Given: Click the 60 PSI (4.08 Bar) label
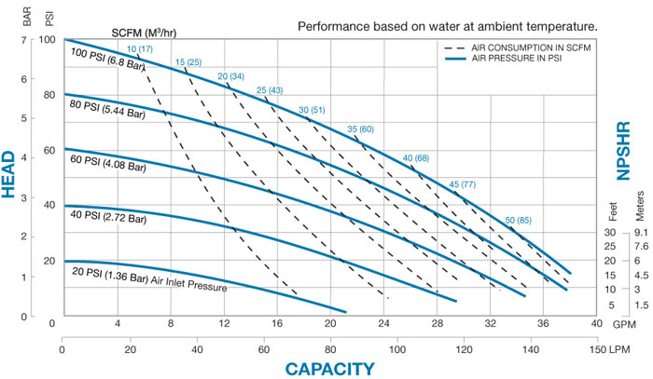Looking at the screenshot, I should (105, 168).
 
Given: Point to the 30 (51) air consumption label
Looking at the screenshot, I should (313, 111).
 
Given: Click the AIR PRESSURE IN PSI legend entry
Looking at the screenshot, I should (518, 58).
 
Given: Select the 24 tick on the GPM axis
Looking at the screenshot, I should (383, 324).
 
